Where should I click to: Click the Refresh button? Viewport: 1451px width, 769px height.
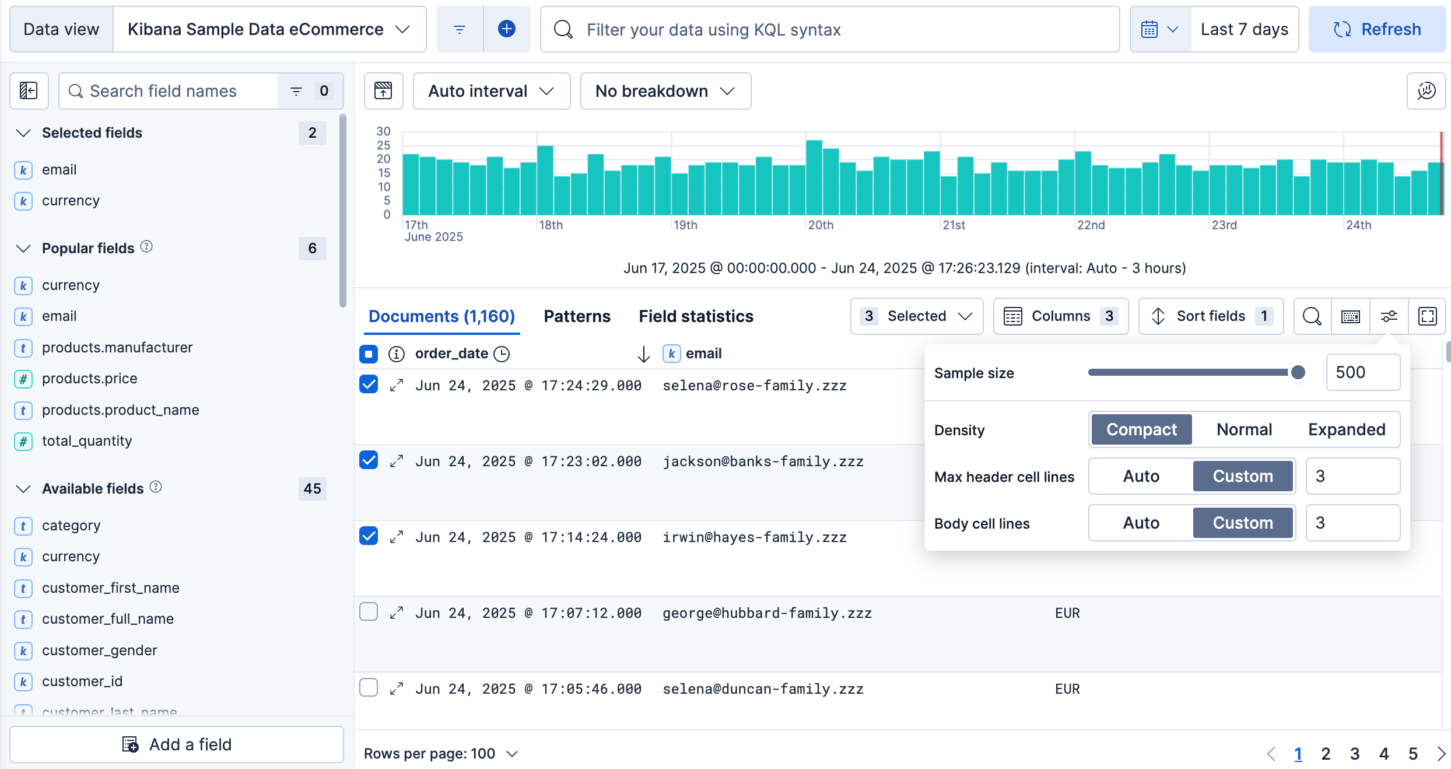click(x=1377, y=29)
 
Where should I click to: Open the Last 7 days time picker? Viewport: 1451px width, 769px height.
click(x=1244, y=29)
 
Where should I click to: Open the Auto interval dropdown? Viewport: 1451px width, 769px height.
click(x=491, y=91)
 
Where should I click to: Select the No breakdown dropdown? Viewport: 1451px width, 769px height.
click(x=665, y=91)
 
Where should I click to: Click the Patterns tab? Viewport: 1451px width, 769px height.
click(x=577, y=316)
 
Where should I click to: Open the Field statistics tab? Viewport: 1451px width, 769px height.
click(x=696, y=316)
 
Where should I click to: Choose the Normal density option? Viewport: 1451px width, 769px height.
click(x=1244, y=429)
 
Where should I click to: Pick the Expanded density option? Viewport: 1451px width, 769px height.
click(x=1346, y=429)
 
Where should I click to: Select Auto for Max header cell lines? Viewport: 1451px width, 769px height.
click(x=1141, y=476)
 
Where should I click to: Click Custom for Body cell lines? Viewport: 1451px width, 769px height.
click(x=1243, y=523)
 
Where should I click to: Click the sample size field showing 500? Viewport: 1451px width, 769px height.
click(x=1362, y=372)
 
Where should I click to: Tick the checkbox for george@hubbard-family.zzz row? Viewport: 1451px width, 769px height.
click(x=369, y=611)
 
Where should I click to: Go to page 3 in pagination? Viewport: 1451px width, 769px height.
click(x=1354, y=754)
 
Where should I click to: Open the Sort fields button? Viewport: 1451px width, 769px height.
click(x=1211, y=316)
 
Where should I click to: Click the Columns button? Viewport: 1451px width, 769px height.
click(x=1060, y=316)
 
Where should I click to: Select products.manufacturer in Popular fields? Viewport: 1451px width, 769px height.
click(x=117, y=348)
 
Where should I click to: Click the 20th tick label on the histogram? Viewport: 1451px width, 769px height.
click(x=821, y=225)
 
